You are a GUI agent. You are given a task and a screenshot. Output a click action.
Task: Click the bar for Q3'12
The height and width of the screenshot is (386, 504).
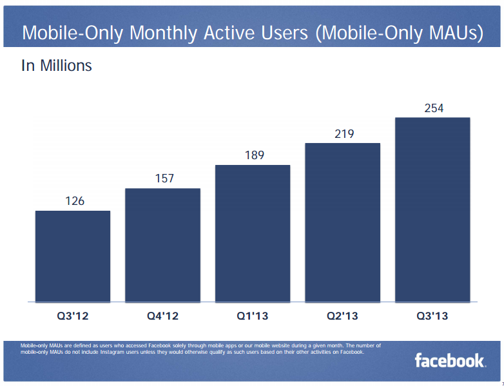[x=73, y=256]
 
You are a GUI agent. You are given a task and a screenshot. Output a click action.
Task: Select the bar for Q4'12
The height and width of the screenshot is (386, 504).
[x=162, y=245]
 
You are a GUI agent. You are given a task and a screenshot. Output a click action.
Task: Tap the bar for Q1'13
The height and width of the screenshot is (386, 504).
[x=253, y=233]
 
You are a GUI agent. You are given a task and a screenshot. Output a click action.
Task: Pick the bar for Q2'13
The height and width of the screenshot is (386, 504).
[x=342, y=222]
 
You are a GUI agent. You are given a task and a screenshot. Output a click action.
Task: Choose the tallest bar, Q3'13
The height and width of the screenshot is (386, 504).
[x=432, y=209]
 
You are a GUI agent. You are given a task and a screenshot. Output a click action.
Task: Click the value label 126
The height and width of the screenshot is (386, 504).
[x=75, y=201]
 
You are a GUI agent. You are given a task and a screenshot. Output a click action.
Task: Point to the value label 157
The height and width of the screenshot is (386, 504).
[x=164, y=179]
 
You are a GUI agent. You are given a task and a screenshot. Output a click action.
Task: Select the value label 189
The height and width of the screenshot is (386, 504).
[x=254, y=155]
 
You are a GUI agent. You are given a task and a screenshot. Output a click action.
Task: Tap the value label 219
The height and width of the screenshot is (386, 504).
[x=344, y=133]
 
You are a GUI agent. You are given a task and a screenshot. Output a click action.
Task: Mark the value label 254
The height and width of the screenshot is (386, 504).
[x=434, y=108]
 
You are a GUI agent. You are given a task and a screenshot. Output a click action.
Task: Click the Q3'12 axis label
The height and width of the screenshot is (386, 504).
[x=73, y=316]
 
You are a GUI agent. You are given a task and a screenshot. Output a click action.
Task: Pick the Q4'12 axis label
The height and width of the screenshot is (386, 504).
[x=162, y=316]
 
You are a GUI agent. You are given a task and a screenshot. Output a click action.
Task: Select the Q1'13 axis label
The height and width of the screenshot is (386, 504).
[x=253, y=316]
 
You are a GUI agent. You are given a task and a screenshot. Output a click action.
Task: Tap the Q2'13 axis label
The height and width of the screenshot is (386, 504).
[x=342, y=316]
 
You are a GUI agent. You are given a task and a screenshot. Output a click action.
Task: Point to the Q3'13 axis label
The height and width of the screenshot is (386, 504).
[x=432, y=316]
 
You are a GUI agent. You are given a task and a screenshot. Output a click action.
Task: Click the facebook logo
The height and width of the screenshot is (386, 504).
[x=450, y=361]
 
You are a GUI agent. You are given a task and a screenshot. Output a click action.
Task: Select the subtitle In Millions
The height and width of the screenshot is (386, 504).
[x=57, y=66]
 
